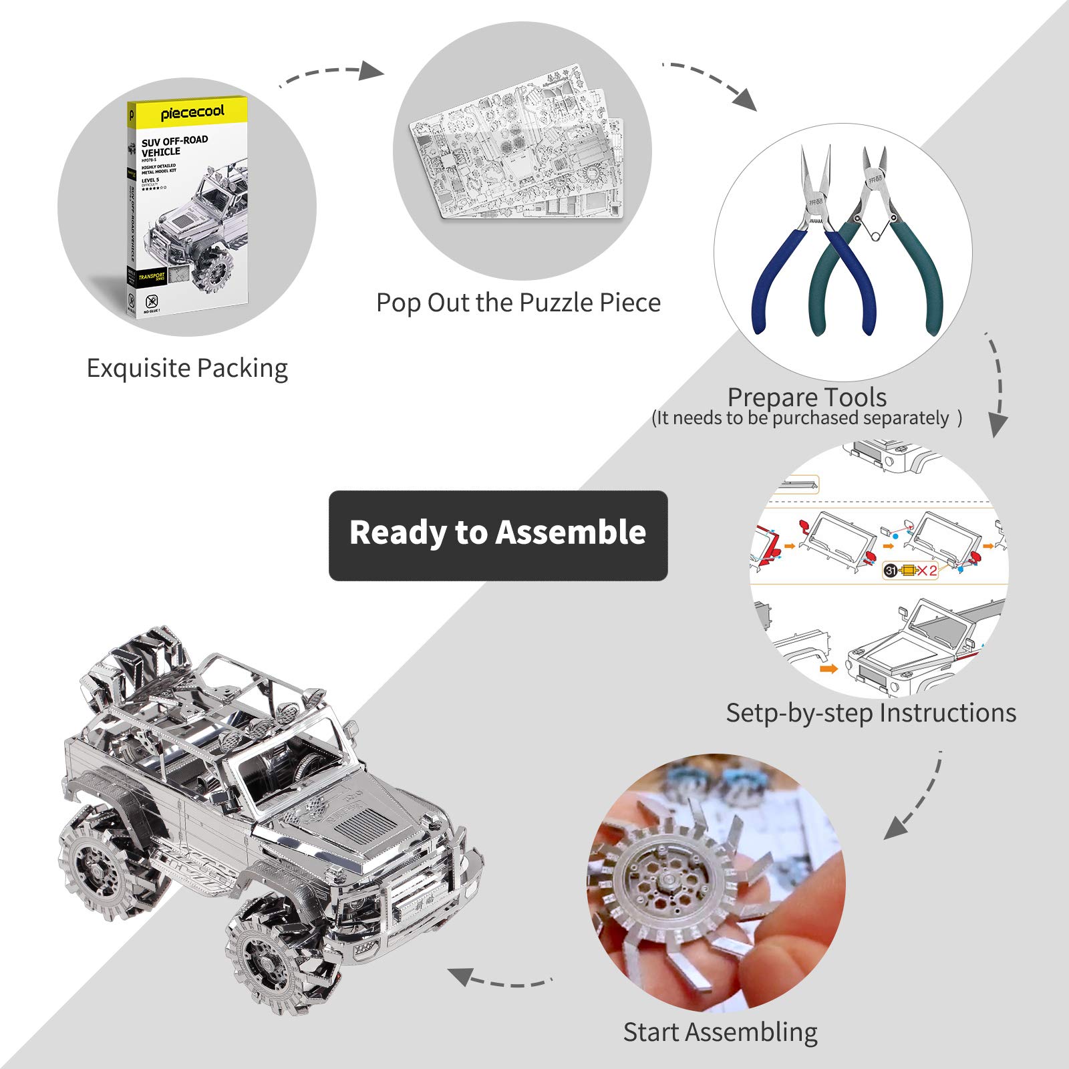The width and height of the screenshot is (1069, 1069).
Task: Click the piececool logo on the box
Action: pyautogui.click(x=192, y=112)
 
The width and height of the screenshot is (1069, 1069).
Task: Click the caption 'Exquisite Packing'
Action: pyautogui.click(x=187, y=368)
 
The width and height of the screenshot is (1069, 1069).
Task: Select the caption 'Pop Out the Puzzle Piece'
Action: pyautogui.click(x=518, y=303)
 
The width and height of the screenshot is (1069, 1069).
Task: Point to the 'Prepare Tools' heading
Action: pyautogui.click(x=806, y=397)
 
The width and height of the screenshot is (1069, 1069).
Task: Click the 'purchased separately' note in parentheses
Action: pyautogui.click(x=806, y=418)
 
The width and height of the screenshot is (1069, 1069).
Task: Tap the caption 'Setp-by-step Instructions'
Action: pyautogui.click(x=871, y=713)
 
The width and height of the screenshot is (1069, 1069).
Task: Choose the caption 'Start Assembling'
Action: pyautogui.click(x=720, y=1032)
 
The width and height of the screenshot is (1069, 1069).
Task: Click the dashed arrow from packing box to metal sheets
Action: pyautogui.click(x=331, y=73)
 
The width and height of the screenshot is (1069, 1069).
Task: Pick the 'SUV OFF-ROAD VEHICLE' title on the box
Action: pyautogui.click(x=174, y=146)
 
